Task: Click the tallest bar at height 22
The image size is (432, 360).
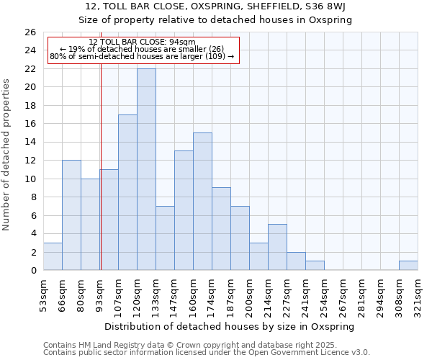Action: (146, 169)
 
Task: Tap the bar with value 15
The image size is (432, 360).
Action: (202, 201)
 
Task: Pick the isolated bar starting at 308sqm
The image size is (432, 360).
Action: (408, 266)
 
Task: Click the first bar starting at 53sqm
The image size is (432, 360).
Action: (53, 256)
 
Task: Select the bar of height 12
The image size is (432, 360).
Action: (71, 215)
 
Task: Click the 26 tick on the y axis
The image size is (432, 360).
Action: (30, 32)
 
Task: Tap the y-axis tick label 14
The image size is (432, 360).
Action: (30, 143)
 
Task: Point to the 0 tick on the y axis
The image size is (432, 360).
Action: (33, 271)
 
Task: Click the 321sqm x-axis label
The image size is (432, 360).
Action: (418, 293)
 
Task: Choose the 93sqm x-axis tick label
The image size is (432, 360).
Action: (99, 293)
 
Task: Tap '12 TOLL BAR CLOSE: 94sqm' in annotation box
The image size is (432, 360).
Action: (142, 42)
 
